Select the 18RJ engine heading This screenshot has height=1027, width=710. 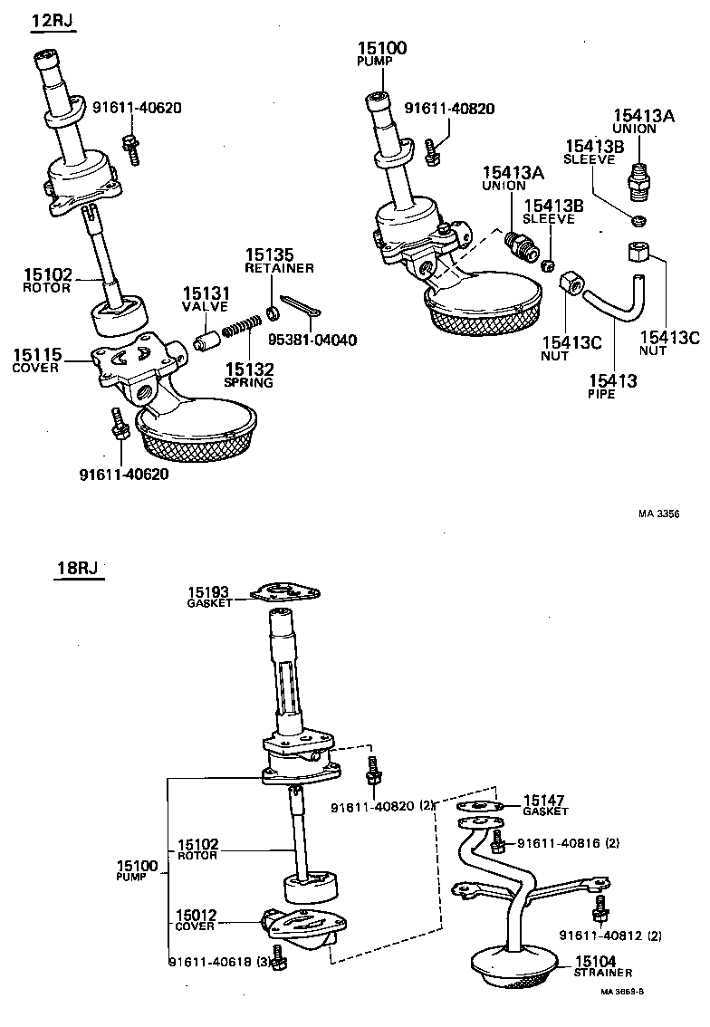[x=76, y=569]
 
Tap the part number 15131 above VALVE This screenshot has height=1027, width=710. [x=206, y=293]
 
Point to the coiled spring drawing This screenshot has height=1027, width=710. [x=242, y=327]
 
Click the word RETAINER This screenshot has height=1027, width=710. [x=280, y=268]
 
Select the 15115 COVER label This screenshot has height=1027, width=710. [x=37, y=360]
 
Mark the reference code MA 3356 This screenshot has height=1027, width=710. [x=658, y=513]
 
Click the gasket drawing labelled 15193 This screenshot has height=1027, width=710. [x=284, y=594]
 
